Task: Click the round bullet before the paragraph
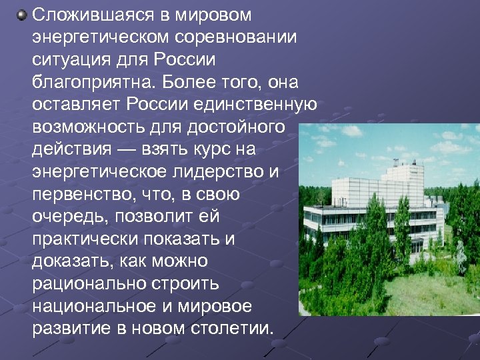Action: point(21,14)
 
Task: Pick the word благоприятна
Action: point(91,83)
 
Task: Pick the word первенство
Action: point(80,195)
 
